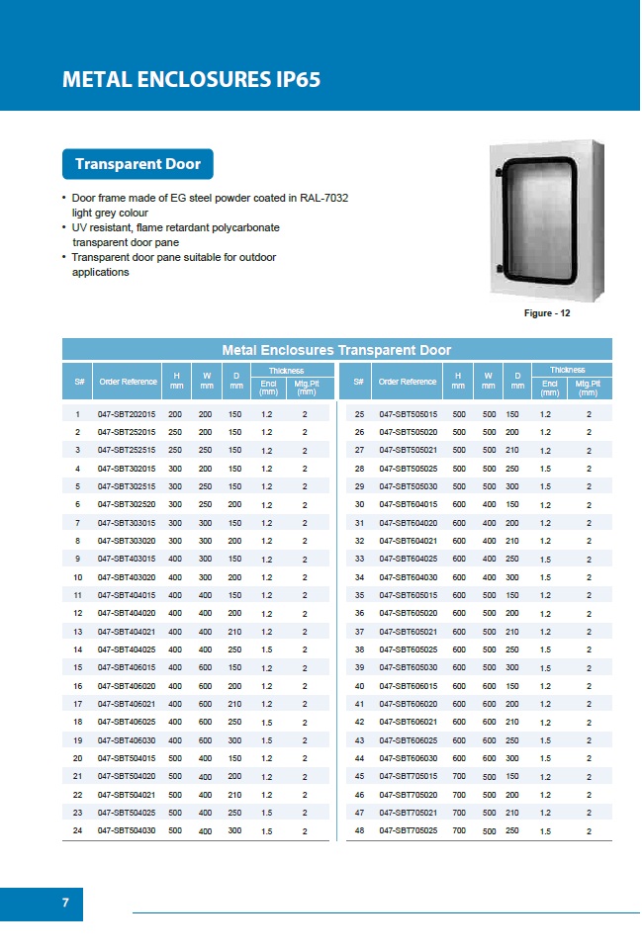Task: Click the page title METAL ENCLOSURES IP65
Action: point(191,80)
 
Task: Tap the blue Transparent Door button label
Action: point(138,164)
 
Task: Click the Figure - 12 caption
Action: point(547,313)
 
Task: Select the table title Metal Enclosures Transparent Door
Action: point(336,350)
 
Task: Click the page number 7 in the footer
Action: point(65,903)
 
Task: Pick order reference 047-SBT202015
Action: point(127,415)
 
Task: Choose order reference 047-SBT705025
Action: point(410,831)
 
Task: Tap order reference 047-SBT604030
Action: point(410,576)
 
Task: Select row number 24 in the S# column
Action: point(77,831)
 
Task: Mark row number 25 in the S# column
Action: point(360,415)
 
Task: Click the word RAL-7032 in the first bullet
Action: point(323,198)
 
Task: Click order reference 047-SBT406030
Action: point(127,740)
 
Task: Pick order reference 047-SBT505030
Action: point(410,486)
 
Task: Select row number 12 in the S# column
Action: point(77,612)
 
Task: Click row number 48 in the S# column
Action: point(360,831)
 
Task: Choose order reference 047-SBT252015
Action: point(127,432)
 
